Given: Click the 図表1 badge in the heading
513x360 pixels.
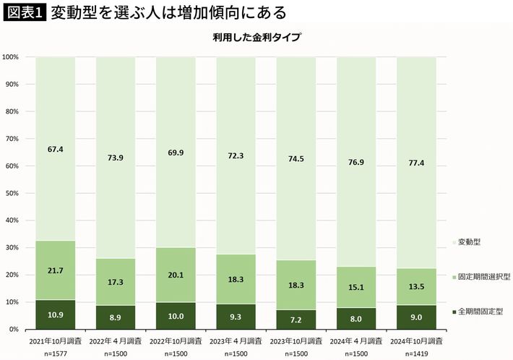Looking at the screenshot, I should click(x=24, y=13).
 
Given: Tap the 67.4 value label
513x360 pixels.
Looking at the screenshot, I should click(x=55, y=150).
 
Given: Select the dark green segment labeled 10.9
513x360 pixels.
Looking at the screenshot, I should click(x=55, y=315).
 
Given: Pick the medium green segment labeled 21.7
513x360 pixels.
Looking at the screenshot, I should click(x=55, y=270).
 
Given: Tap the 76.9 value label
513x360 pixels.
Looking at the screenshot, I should click(x=355, y=163).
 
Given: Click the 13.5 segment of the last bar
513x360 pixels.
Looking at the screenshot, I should click(x=416, y=286).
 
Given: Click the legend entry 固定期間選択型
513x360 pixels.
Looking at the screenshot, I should click(x=483, y=277).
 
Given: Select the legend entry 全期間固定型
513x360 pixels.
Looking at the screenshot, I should click(x=480, y=312).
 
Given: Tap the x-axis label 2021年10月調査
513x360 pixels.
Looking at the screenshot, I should click(x=55, y=339).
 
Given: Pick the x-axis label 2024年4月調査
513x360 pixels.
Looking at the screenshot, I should click(x=355, y=339).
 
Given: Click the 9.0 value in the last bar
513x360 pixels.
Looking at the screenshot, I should click(x=416, y=317).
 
